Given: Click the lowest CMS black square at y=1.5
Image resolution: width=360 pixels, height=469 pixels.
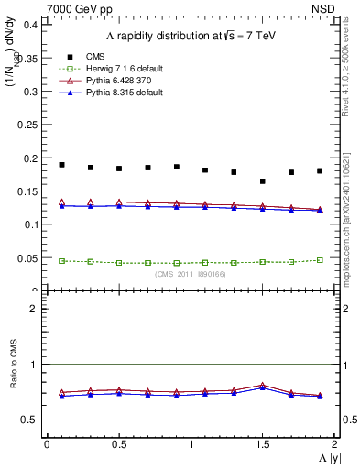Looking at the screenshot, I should click(262, 181).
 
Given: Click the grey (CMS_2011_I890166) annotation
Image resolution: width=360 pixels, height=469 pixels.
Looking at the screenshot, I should click(190, 274).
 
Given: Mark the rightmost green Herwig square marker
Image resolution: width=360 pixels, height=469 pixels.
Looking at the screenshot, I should click(320, 260).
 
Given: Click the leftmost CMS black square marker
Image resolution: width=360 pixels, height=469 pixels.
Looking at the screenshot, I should click(61, 165).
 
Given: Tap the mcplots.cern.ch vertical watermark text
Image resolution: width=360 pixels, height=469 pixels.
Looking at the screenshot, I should click(351, 202).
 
